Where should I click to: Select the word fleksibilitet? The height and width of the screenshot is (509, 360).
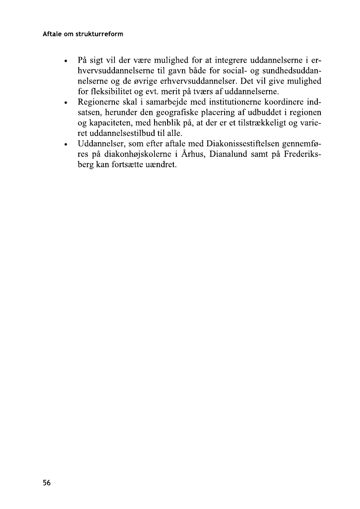click(x=111, y=91)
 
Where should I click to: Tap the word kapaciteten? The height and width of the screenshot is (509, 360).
click(x=108, y=123)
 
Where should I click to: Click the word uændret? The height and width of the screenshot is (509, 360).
click(x=160, y=165)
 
